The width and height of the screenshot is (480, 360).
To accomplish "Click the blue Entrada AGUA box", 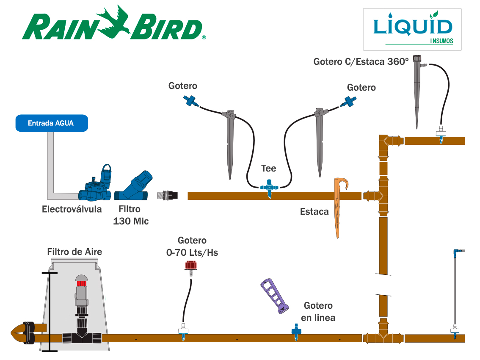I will click(x=51, y=123).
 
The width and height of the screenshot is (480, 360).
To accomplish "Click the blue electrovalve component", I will click(x=97, y=186).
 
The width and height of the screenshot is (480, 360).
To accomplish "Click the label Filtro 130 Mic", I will click(x=130, y=215).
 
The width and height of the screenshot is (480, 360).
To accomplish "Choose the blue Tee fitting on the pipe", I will click(x=268, y=187).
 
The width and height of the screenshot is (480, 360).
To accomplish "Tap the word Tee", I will click(x=268, y=169).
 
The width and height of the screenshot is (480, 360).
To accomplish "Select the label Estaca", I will click(x=314, y=211).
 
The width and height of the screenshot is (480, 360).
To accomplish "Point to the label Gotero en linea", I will click(x=318, y=312).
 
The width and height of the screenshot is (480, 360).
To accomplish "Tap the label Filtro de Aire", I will click(x=74, y=252).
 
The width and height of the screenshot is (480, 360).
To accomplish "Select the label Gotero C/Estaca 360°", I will click(x=361, y=62).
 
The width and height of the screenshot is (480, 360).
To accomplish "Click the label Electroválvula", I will click(x=72, y=209).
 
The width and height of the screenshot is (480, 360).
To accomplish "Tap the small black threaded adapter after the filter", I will click(x=167, y=195).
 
